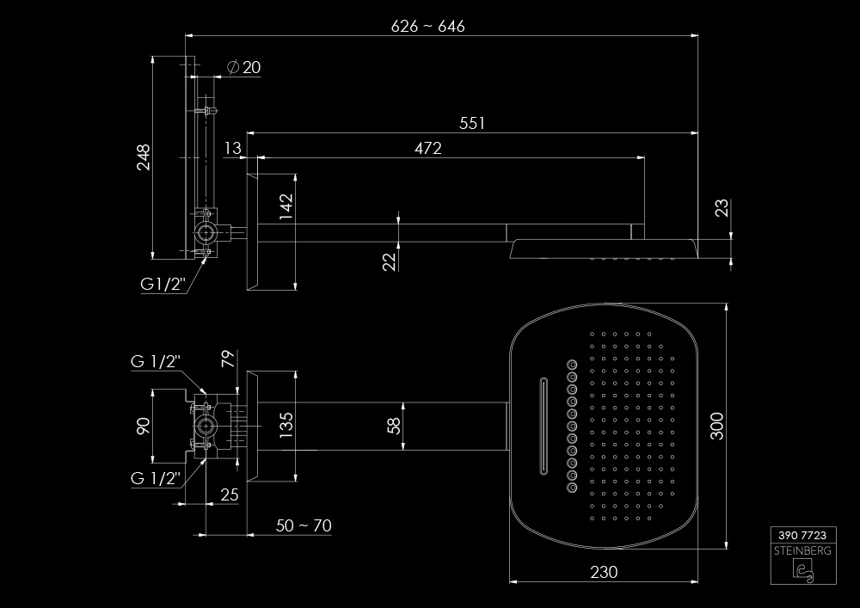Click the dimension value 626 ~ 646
427,26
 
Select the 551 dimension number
471,123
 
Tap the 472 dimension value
427,148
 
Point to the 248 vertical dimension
143,157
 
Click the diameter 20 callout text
245,68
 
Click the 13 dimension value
232,148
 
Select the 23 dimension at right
722,208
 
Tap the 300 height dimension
718,426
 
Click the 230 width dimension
605,572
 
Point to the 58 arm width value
392,424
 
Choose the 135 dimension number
286,425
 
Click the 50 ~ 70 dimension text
304,525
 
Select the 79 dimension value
229,359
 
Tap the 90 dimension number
143,425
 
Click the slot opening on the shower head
543,426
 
